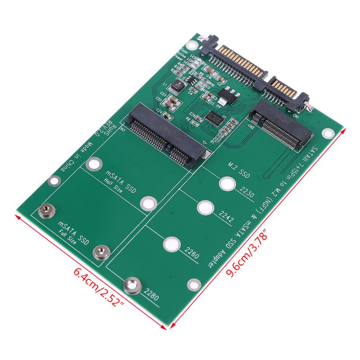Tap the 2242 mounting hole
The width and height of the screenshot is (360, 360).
205,208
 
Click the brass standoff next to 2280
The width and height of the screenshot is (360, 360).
131,285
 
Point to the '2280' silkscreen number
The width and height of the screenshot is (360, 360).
151,292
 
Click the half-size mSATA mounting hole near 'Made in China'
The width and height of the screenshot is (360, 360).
93,164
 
